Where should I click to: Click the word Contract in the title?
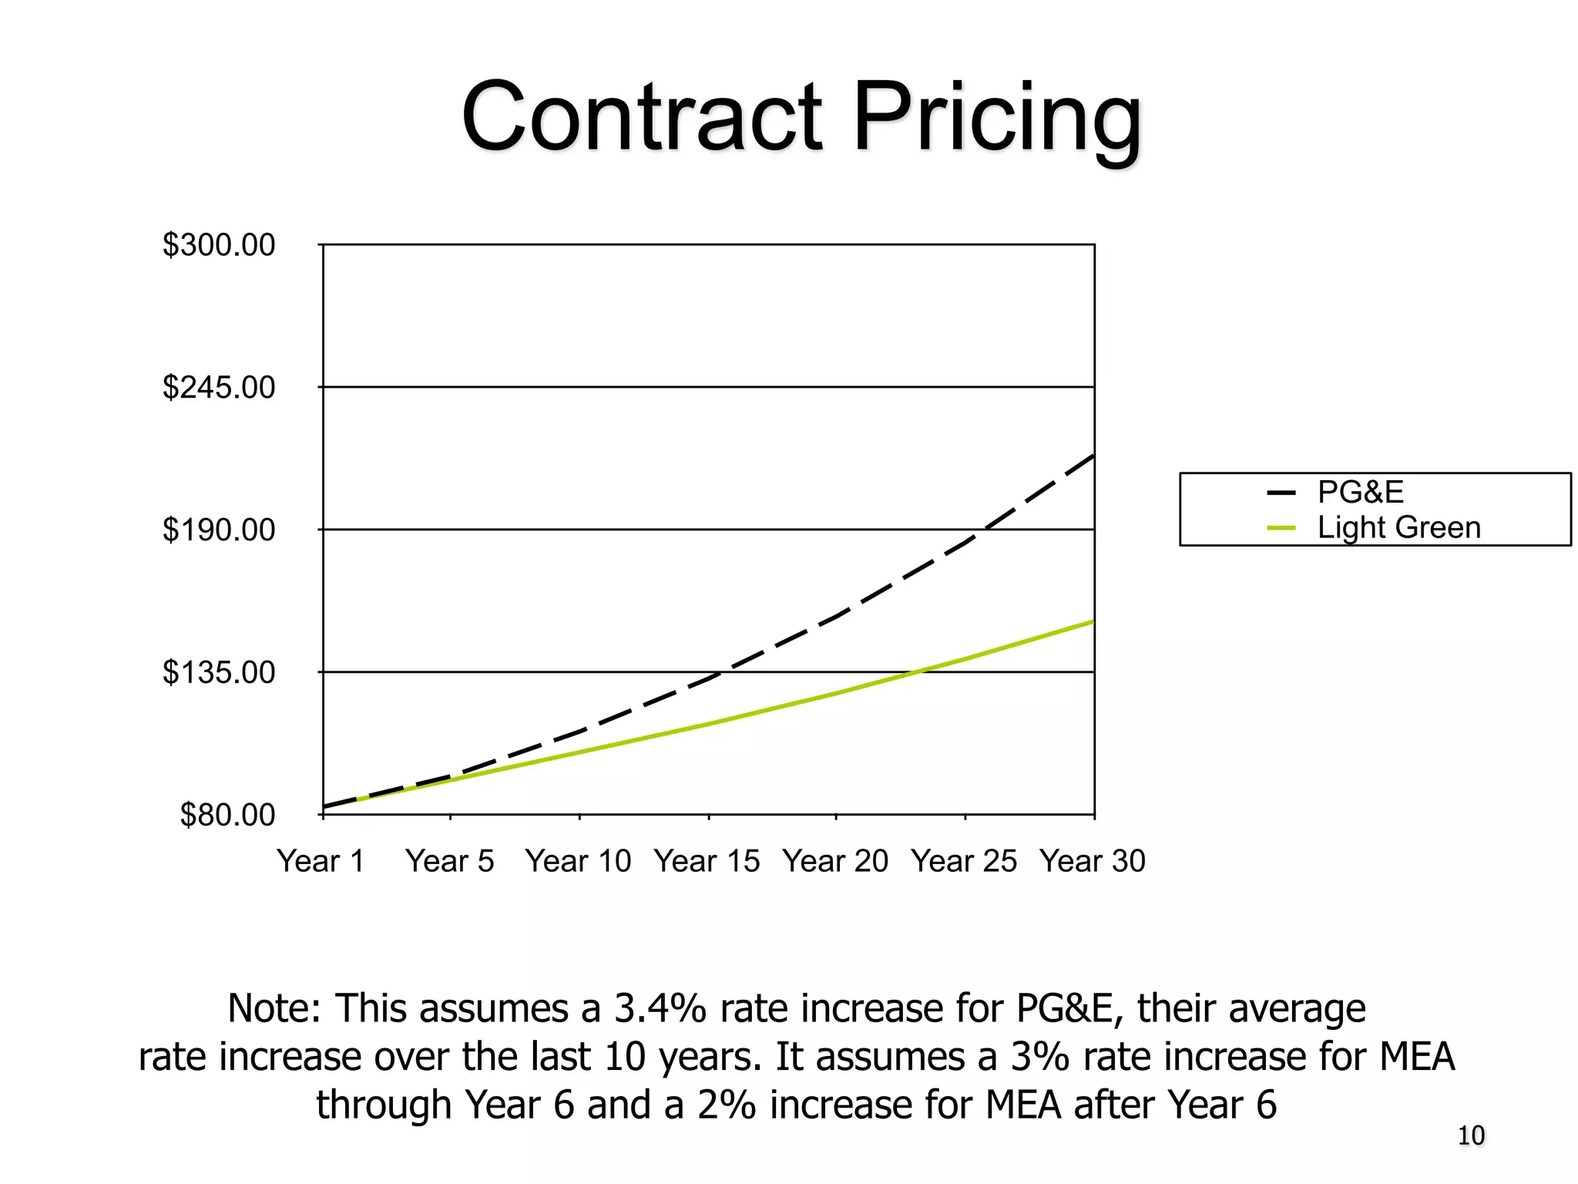[x=642, y=117]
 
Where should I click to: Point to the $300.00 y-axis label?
[x=218, y=245]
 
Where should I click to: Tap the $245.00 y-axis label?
[x=218, y=387]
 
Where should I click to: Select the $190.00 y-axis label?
[x=218, y=530]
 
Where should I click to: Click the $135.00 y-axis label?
[x=218, y=673]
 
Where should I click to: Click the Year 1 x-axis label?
[x=321, y=861]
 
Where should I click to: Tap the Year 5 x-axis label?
[x=450, y=861]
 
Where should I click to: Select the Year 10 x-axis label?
[x=578, y=861]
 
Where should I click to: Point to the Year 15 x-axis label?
[x=707, y=861]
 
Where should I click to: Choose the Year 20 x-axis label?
[x=835, y=861]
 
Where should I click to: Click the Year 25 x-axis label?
[x=964, y=861]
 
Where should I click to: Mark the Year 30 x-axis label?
[x=1092, y=861]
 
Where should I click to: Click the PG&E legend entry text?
[x=1360, y=492]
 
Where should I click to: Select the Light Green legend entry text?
[x=1398, y=528]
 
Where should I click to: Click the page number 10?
[x=1470, y=1136]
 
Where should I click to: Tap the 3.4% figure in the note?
[x=660, y=1008]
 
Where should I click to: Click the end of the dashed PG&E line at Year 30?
[x=1092, y=457]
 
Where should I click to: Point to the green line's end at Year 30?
[x=1092, y=621]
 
